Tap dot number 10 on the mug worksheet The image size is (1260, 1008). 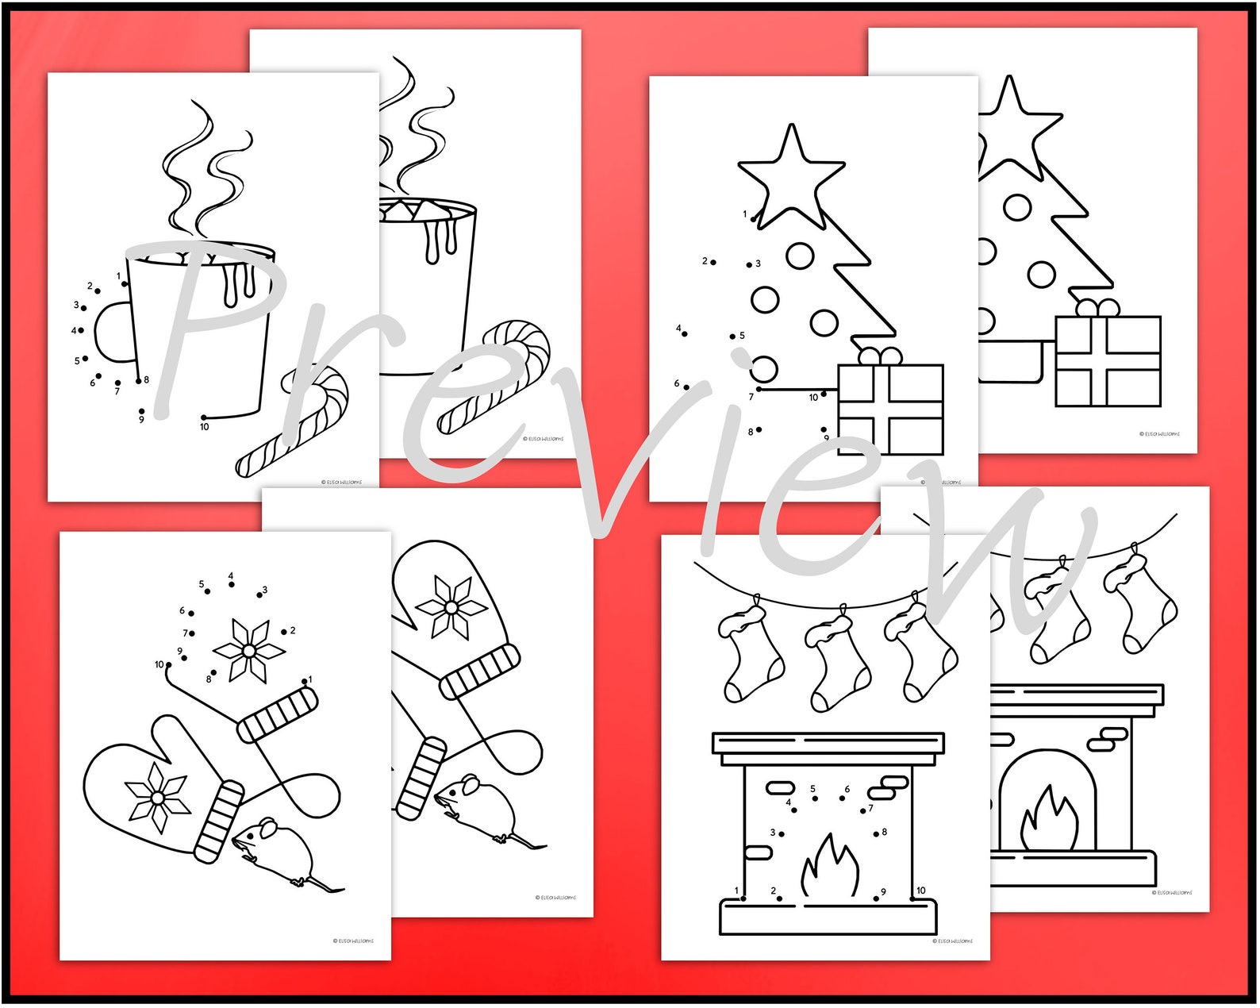pyautogui.click(x=204, y=417)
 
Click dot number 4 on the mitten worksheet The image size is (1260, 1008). pyautogui.click(x=232, y=585)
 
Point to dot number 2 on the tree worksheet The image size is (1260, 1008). pyautogui.click(x=713, y=262)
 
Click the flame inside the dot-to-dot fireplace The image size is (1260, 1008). pyautogui.click(x=830, y=868)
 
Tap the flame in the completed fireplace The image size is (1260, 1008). pyautogui.click(x=1049, y=821)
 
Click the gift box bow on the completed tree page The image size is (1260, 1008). pyautogui.click(x=1097, y=308)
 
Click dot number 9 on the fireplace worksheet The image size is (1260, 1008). pyautogui.click(x=876, y=898)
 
